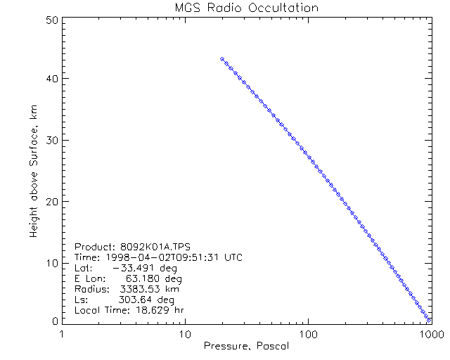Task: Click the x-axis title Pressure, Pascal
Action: [245, 346]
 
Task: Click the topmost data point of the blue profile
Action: [221, 59]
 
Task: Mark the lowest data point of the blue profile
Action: [429, 320]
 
